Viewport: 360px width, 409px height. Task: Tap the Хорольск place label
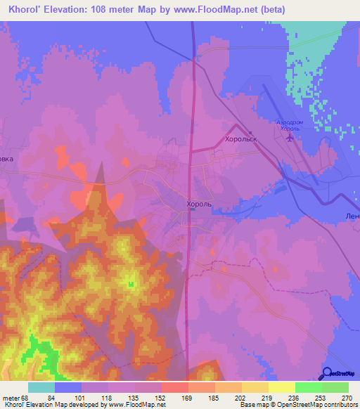(241, 140)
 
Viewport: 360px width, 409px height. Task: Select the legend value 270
(347, 397)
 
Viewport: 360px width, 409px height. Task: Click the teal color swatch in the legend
(41, 387)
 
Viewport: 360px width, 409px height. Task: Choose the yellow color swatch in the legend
(281, 387)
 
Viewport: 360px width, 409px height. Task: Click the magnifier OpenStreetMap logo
(326, 373)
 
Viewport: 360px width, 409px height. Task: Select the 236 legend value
(295, 397)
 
